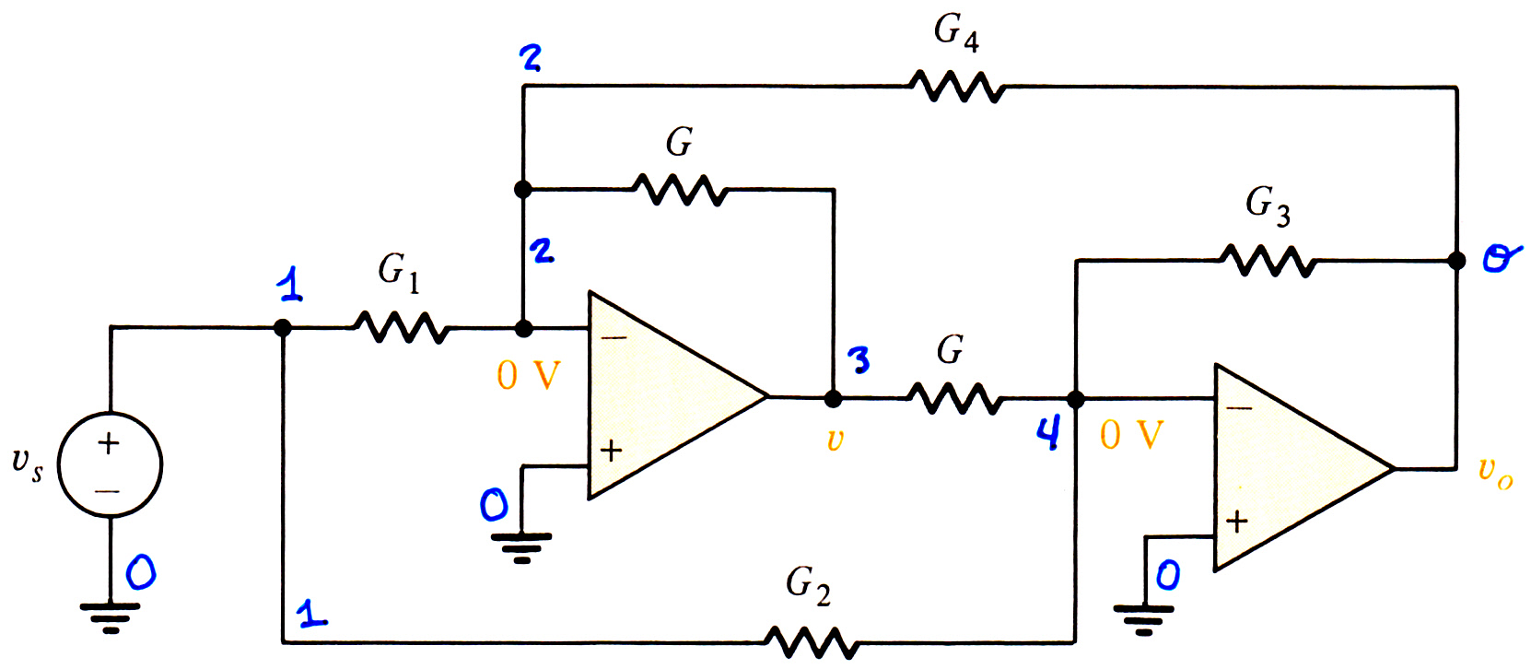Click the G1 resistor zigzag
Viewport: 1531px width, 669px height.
pyautogui.click(x=402, y=327)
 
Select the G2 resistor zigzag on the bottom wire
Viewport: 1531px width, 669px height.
pyautogui.click(x=812, y=641)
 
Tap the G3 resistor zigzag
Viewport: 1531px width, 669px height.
pyautogui.click(x=1268, y=261)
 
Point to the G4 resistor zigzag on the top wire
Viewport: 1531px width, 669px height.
pyautogui.click(x=957, y=87)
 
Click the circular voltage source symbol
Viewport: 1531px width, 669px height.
pyautogui.click(x=110, y=464)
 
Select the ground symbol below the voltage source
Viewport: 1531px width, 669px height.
pyautogui.click(x=110, y=617)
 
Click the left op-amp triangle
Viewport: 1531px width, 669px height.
pyautogui.click(x=677, y=395)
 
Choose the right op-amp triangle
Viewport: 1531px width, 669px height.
pyautogui.click(x=1303, y=468)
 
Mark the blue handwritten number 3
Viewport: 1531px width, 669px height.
pyautogui.click(x=859, y=359)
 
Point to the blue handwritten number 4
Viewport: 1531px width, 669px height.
pyautogui.click(x=1049, y=433)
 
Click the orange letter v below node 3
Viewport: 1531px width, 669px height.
pyautogui.click(x=835, y=440)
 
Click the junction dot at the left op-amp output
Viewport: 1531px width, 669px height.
pyautogui.click(x=833, y=398)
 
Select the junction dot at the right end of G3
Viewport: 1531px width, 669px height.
pyautogui.click(x=1456, y=261)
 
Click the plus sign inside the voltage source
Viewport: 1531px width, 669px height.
pyautogui.click(x=109, y=443)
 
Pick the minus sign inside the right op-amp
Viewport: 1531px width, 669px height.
pyautogui.click(x=1239, y=408)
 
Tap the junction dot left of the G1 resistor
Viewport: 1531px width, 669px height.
pyautogui.click(x=282, y=328)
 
